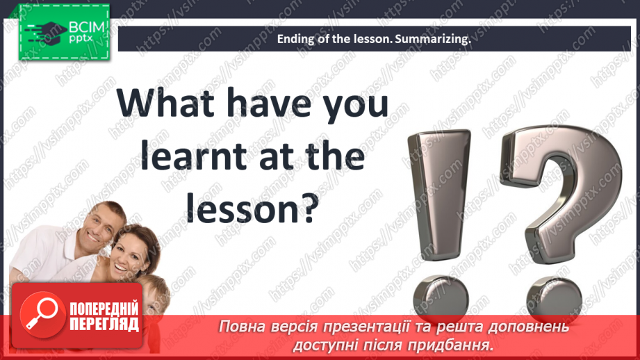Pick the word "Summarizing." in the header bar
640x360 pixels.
pos(433,40)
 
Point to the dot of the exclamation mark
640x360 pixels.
pos(440,297)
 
